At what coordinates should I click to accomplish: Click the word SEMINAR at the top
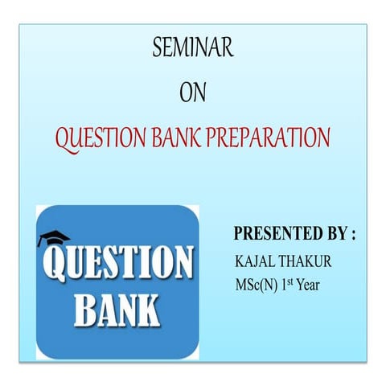pyautogui.click(x=193, y=50)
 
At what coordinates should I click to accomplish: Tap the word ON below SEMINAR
pyautogui.click(x=193, y=93)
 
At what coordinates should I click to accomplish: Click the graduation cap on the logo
pyautogui.click(x=54, y=238)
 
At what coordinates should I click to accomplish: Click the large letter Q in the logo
pyautogui.click(x=55, y=265)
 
